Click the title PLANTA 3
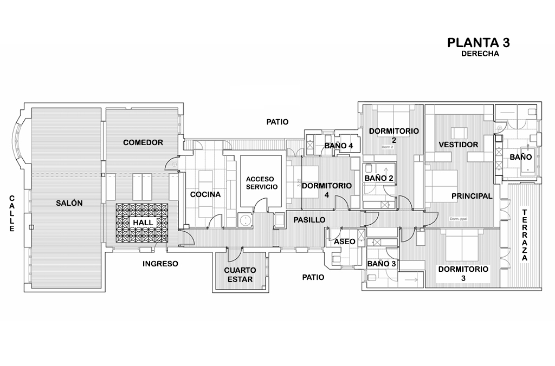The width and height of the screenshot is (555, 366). coord(479,43)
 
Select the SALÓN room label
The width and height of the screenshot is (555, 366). coord(69,203)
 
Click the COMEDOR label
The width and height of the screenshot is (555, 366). coord(143,142)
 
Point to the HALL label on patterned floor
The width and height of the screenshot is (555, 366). coord(143,223)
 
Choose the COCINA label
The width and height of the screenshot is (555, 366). coord(205,194)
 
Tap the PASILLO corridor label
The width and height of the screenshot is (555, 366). coord(309,220)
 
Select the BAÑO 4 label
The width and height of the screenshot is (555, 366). coord(339,146)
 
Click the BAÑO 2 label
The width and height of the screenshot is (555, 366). coord(379,178)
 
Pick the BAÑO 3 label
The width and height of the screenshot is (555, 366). coord(382,264)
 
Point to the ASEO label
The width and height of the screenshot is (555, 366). coord(345,241)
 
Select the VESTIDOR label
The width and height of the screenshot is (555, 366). coord(459,145)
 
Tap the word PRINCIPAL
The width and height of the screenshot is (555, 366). coord(471,196)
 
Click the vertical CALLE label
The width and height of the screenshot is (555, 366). coord(12,214)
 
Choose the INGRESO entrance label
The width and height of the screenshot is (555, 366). coord(160,264)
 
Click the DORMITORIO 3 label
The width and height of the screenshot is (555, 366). coord(463,273)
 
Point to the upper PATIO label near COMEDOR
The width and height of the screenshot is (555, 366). coord(277,122)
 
